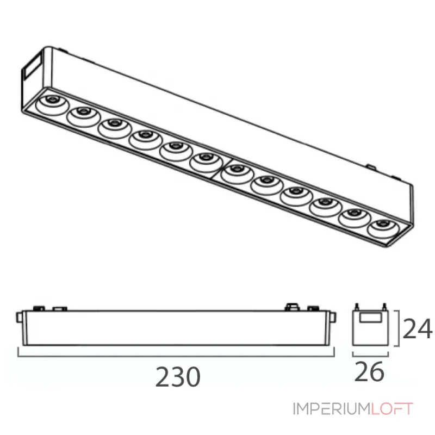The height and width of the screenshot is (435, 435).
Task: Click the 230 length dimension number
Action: pos(178,377)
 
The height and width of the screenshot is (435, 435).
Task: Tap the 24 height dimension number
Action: pos(417,329)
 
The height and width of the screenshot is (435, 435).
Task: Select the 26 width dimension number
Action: pos(369,371)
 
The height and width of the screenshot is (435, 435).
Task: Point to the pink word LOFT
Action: pos(391,409)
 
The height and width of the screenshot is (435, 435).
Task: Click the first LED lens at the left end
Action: pos(52,104)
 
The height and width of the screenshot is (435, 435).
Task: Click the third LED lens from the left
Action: pos(114,128)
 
